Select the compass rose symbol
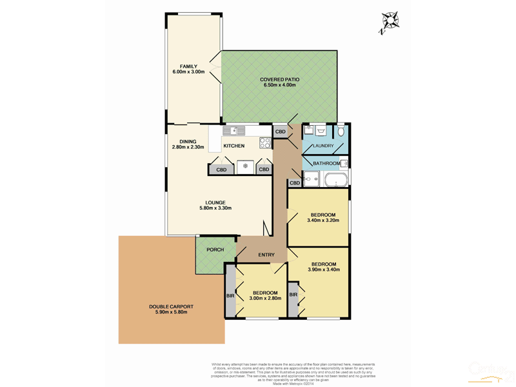pos(390,21)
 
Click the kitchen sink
pos(233,130)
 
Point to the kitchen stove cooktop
pos(264,143)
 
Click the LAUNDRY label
pos(322,146)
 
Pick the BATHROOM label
pos(326,163)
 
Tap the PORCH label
pos(215,250)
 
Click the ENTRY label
pos(266,255)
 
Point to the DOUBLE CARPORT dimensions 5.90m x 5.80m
pos(171,312)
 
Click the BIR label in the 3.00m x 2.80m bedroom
pos(230,295)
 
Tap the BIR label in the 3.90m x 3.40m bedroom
pos(294,295)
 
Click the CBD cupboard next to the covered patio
pos(281,132)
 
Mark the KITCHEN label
pos(233,146)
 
